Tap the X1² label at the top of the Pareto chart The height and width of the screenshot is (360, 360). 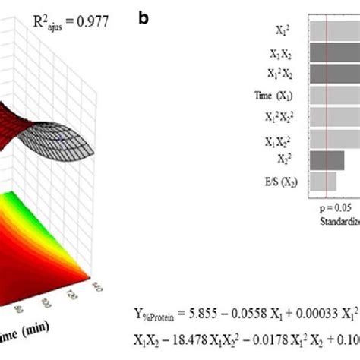(280, 31)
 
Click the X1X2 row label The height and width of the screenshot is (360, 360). (282, 55)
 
